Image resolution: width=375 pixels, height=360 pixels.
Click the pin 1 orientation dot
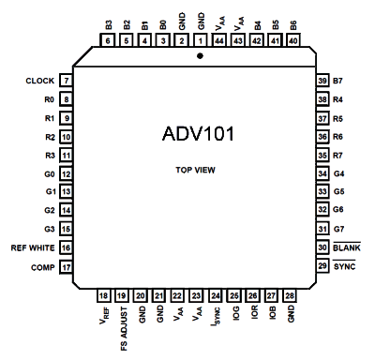(x=200, y=56)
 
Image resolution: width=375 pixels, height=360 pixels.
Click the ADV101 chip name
(x=198, y=134)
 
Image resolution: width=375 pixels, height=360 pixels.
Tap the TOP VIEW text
(x=195, y=170)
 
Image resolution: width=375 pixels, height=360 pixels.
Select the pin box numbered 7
(x=67, y=81)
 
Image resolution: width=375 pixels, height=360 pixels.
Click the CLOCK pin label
(x=40, y=81)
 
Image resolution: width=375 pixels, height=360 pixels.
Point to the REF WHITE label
(x=33, y=247)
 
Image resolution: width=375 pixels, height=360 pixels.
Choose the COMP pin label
(x=43, y=267)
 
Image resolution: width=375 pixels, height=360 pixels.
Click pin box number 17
(x=67, y=267)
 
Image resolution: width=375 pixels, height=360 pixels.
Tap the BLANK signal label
(x=347, y=247)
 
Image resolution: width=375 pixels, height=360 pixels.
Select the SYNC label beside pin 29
(x=344, y=266)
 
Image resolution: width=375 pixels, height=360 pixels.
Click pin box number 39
(x=322, y=81)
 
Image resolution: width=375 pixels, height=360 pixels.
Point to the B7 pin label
(x=337, y=81)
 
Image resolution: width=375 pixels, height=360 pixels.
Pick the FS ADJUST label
(x=124, y=328)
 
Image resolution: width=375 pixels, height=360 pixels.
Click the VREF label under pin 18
(x=105, y=315)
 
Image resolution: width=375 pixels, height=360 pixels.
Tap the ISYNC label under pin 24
(x=216, y=317)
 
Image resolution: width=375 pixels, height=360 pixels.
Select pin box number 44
(x=219, y=40)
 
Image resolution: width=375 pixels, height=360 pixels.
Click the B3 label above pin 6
(x=109, y=25)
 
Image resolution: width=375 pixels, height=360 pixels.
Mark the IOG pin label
(x=236, y=313)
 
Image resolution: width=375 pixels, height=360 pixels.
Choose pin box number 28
(x=290, y=295)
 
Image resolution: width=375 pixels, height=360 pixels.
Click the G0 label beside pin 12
(x=50, y=174)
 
